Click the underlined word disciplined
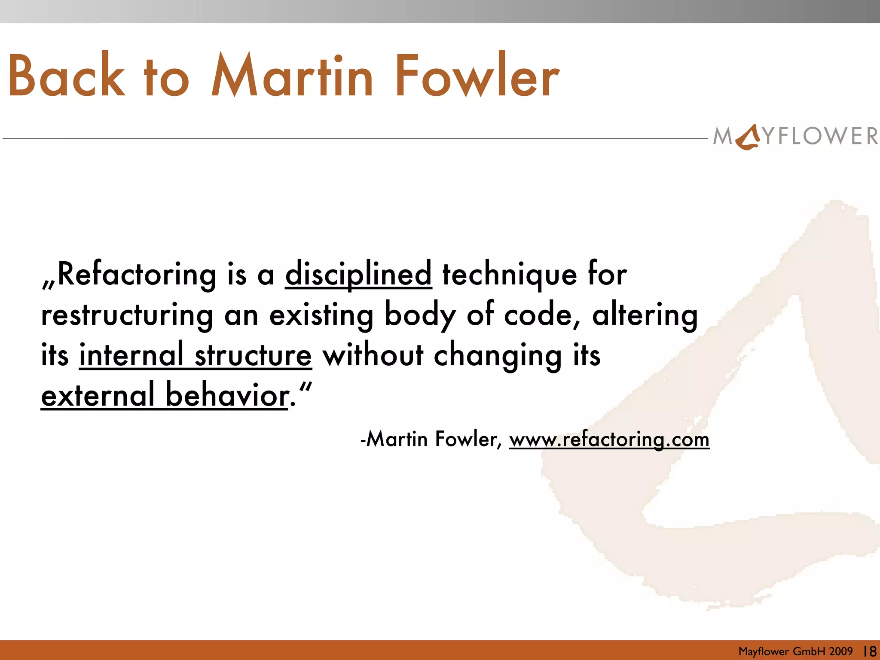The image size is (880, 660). [x=358, y=274]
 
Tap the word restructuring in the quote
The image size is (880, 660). [x=127, y=315]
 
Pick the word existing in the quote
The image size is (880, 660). [x=321, y=315]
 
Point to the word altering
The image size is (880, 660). [x=645, y=315]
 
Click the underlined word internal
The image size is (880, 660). [x=131, y=355]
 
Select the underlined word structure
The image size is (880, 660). [x=253, y=356]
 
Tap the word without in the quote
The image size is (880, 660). [x=373, y=355]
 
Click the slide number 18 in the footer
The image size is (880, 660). [x=870, y=651]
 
